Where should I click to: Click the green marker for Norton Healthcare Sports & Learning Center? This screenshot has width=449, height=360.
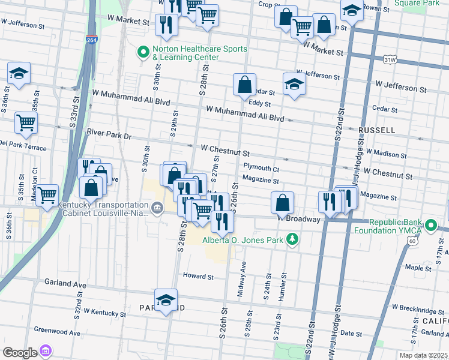point(143,53)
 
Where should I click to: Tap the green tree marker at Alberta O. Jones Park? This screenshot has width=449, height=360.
point(292,241)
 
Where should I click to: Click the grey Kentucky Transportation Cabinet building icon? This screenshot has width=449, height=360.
point(157,209)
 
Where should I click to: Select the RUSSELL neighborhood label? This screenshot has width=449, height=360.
point(376,130)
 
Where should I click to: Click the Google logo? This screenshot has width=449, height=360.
point(19,352)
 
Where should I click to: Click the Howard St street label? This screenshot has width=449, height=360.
point(199,277)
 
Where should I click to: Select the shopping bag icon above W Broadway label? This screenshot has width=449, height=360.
point(282,202)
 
